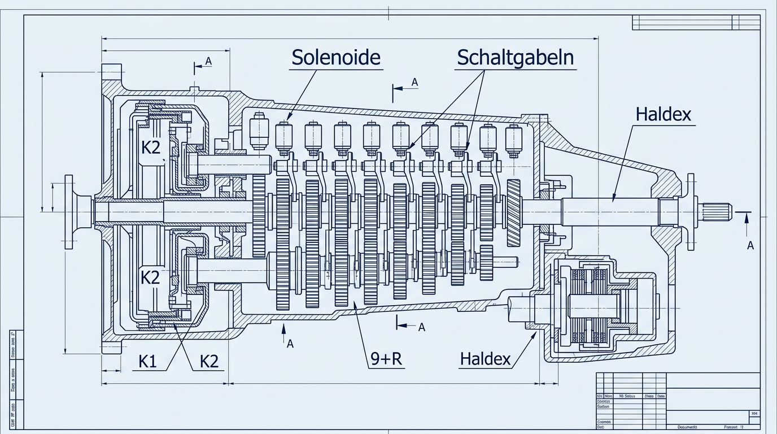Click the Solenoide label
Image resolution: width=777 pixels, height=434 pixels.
click(x=336, y=57)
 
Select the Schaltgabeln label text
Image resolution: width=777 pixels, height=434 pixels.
click(x=515, y=57)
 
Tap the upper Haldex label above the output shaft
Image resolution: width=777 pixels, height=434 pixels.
click(x=663, y=114)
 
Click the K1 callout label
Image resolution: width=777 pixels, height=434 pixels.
click(x=147, y=362)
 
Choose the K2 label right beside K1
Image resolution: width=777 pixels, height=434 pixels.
click(x=209, y=362)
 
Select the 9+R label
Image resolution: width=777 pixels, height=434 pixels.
click(x=387, y=359)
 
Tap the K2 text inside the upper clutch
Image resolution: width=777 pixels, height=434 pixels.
click(x=150, y=147)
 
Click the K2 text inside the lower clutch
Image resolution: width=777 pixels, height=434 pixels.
click(x=150, y=277)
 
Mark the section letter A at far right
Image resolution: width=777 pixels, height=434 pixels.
click(x=750, y=245)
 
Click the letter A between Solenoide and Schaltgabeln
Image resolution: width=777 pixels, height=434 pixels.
click(x=414, y=83)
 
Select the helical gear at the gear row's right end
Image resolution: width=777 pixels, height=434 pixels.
click(x=513, y=212)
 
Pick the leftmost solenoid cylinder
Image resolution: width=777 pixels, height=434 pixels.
click(x=259, y=131)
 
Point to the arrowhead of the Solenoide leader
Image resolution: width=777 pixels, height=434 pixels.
click(x=289, y=119)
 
